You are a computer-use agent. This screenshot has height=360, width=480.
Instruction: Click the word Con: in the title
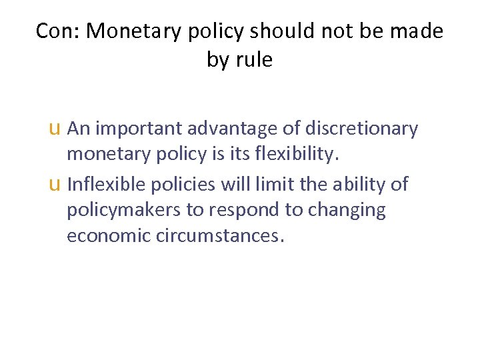click(58, 31)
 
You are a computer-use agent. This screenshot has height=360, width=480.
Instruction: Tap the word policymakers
click(123, 211)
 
